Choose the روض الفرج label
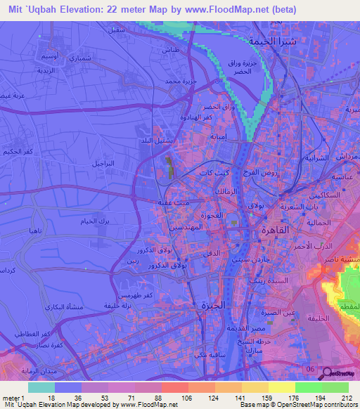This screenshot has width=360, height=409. point(262,172)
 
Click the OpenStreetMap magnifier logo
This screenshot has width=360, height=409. point(325,373)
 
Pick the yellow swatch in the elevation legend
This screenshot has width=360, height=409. point(281,387)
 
